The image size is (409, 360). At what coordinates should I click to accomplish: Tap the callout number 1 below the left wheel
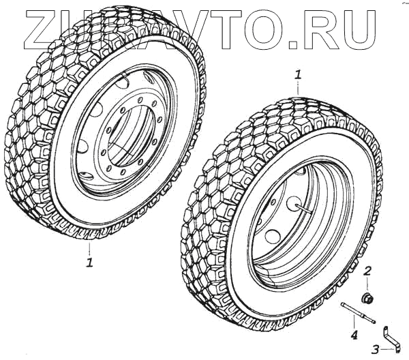(89, 262)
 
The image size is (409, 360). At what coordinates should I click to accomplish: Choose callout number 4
(354, 334)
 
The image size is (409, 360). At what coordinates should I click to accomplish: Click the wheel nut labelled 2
(367, 297)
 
